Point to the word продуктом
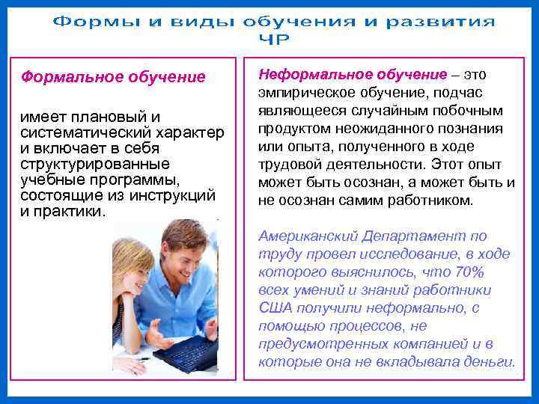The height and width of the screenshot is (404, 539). pyautogui.click(x=293, y=129)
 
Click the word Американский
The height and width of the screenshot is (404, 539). pyautogui.click(x=308, y=236)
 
